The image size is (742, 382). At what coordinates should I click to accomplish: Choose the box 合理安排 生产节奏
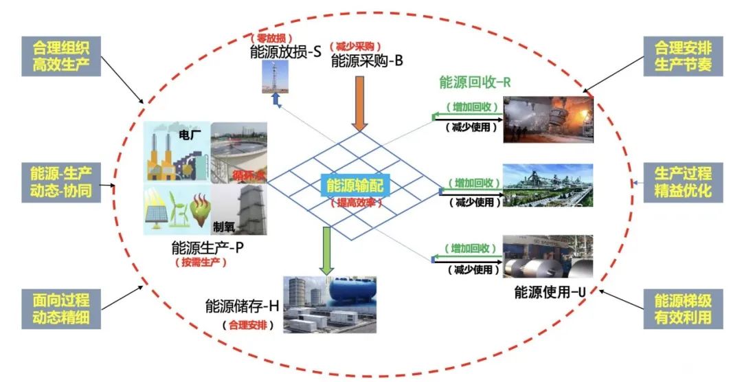point(683,57)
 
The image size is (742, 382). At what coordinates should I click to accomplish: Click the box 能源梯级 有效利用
point(683,308)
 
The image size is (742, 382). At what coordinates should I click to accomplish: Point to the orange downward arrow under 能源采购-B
point(359,103)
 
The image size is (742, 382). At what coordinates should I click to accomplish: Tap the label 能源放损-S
point(286,52)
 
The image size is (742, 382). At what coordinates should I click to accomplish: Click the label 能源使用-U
point(550,293)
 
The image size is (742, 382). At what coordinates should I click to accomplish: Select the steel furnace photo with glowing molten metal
point(548,119)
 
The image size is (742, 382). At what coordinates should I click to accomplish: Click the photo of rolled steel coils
point(548,256)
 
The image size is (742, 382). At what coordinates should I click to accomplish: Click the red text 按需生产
point(206,262)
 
